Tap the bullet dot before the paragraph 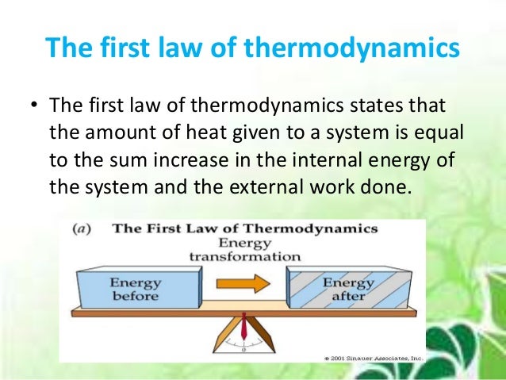click(34, 106)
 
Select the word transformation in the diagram click(244, 256)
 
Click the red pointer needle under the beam click(243, 325)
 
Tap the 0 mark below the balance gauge click(243, 349)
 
